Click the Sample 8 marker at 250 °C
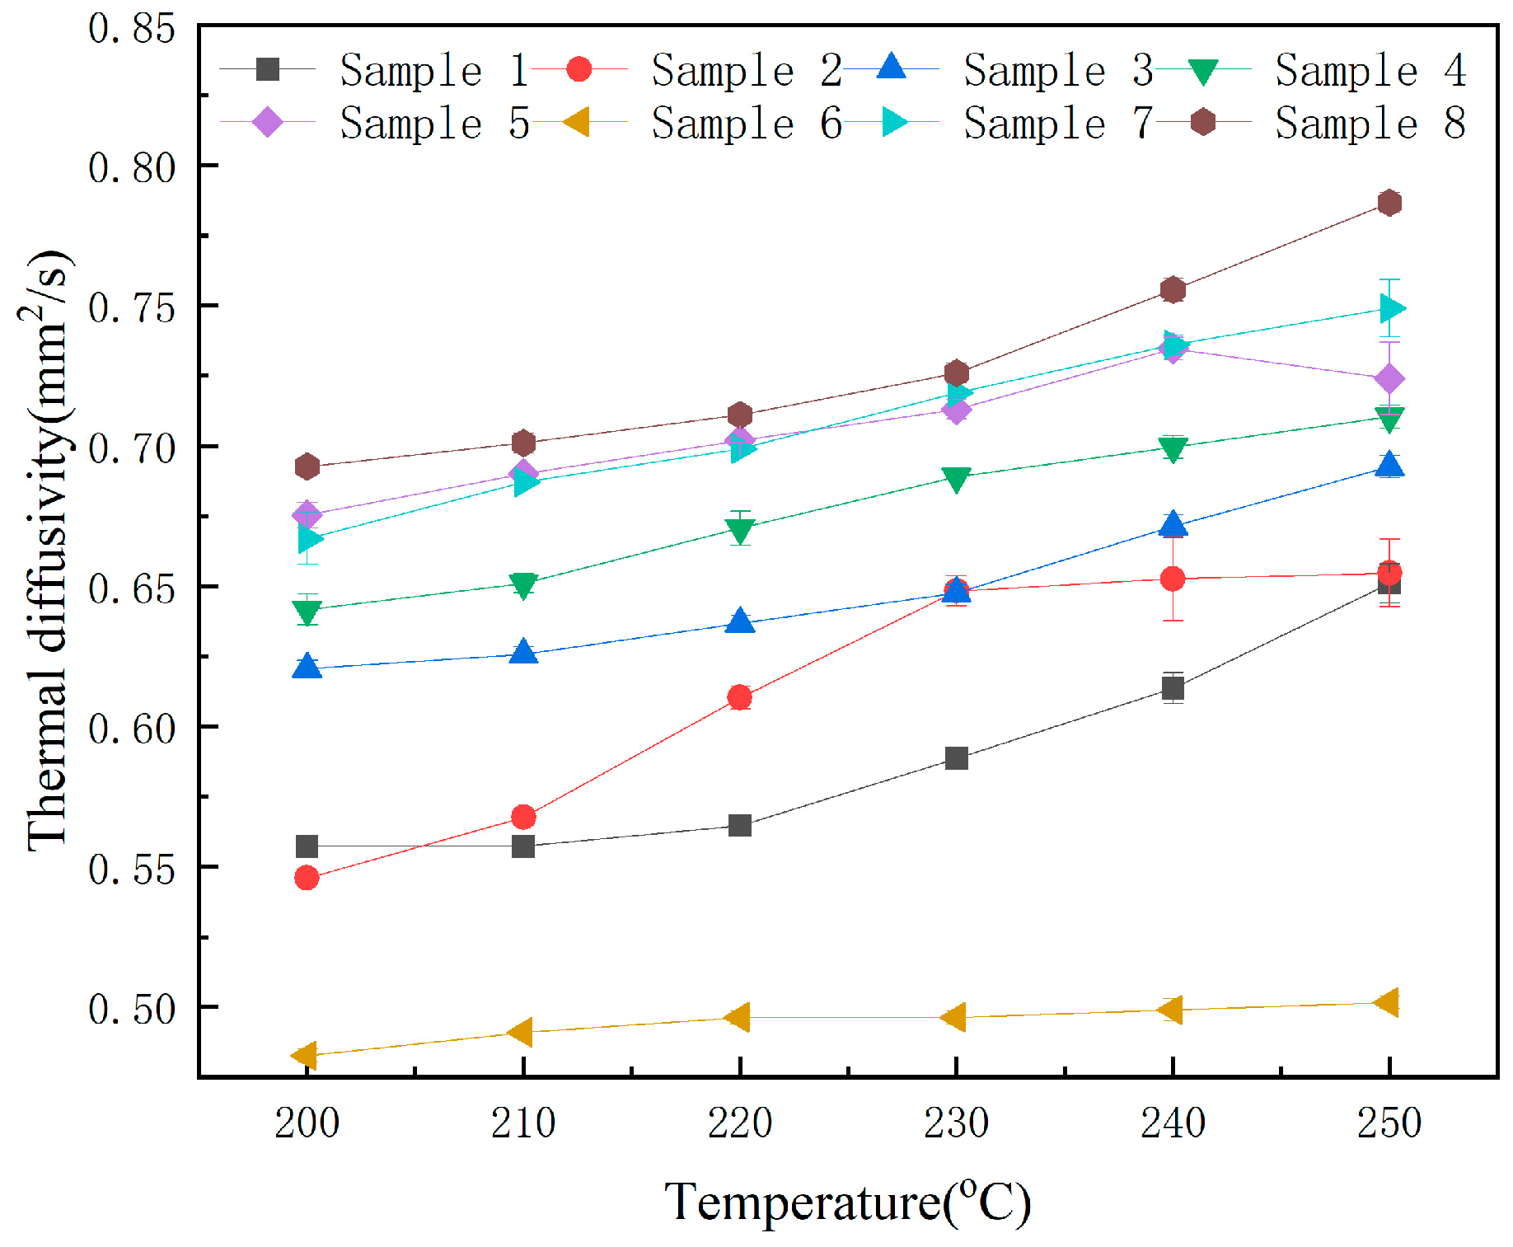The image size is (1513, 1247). click(1389, 203)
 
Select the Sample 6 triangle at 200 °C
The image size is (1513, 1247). click(306, 1055)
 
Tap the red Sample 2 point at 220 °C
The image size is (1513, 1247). click(740, 698)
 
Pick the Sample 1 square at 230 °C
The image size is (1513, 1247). click(957, 758)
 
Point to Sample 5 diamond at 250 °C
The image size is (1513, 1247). click(1389, 379)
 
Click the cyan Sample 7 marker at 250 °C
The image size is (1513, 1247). click(1391, 309)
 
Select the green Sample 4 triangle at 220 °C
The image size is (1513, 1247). click(740, 530)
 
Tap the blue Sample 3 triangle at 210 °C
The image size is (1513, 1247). click(523, 653)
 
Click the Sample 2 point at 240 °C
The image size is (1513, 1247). click(1173, 579)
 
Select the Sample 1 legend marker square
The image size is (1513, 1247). click(268, 69)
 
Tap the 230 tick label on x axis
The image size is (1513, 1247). click(956, 1123)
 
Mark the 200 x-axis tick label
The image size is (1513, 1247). click(307, 1123)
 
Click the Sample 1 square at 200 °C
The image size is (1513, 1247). click(307, 846)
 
